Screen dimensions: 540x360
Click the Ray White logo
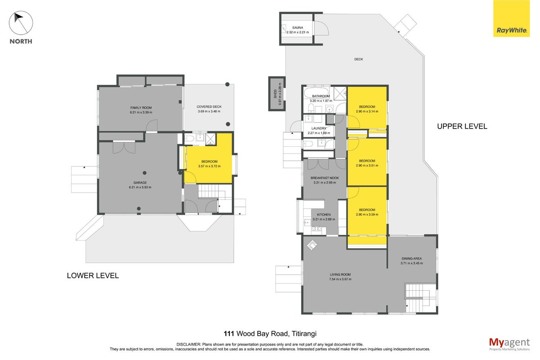point(511,18)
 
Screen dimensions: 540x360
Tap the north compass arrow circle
point(21,23)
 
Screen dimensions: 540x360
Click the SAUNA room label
point(297,28)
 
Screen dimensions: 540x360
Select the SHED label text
point(275,94)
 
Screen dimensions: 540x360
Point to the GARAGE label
point(140,183)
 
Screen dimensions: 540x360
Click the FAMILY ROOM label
point(141,108)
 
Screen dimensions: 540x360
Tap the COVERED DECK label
point(209,107)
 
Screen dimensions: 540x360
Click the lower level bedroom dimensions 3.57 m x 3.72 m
point(209,166)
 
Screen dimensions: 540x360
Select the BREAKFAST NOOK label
point(325,178)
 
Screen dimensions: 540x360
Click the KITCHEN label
point(324,215)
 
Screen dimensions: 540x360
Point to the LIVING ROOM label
point(340,274)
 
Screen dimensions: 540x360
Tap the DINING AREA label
point(411,258)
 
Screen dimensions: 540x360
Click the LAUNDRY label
point(319,128)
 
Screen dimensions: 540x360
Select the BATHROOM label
point(321,96)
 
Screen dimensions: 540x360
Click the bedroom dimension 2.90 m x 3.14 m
point(367,112)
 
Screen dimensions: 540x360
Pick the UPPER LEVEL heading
point(462,126)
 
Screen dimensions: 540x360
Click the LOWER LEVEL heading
point(93,275)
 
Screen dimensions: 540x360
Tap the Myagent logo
point(509,344)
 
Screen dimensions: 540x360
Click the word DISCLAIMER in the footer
point(189,345)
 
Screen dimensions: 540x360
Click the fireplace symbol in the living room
point(312,245)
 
